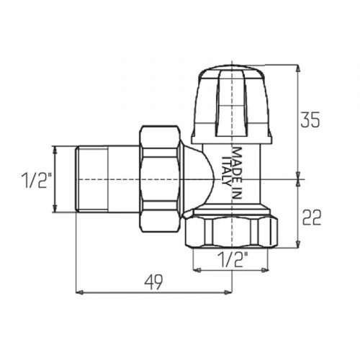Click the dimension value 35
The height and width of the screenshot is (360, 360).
point(310,120)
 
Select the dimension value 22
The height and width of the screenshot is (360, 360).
point(312,217)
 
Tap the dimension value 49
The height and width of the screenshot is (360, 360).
point(153,282)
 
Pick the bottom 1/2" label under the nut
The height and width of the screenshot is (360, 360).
point(233,259)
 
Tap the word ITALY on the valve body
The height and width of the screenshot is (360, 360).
point(226,171)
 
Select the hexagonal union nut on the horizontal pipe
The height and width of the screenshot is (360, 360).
point(161,179)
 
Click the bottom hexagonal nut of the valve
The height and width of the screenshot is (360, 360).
point(231,230)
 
